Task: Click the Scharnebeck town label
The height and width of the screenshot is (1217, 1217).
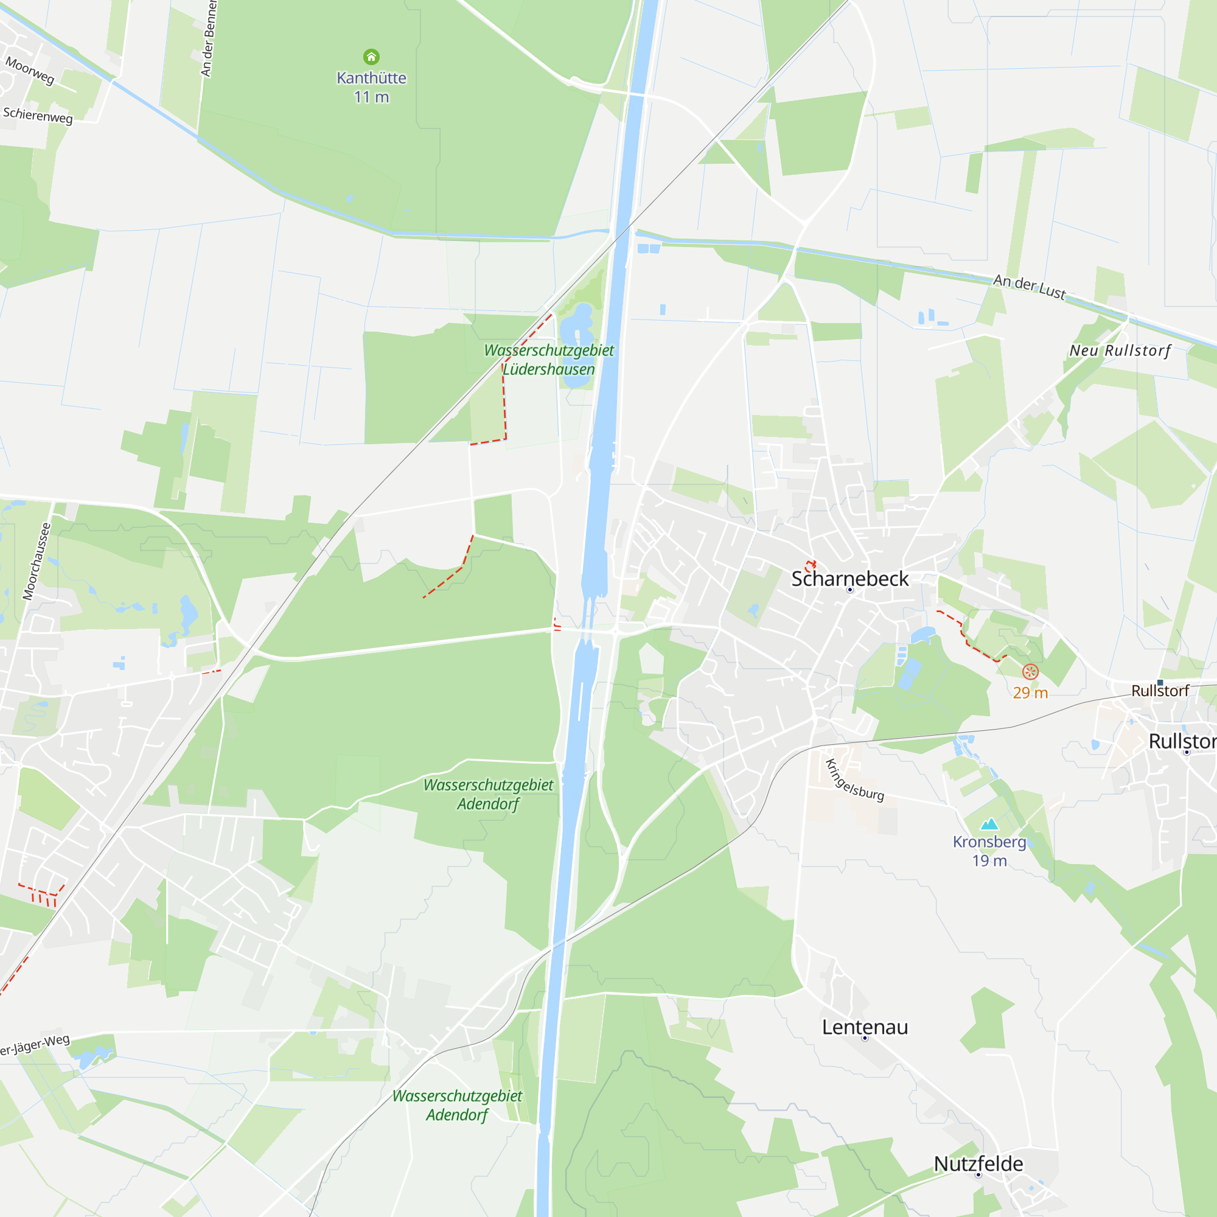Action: (849, 578)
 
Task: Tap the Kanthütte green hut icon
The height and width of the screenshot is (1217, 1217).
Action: (372, 57)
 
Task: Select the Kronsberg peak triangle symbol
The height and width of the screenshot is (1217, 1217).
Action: (989, 824)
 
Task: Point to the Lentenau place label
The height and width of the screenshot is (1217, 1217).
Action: (865, 1027)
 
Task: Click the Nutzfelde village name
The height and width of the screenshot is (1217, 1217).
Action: (978, 1164)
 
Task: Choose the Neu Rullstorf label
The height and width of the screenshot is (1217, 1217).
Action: (1120, 350)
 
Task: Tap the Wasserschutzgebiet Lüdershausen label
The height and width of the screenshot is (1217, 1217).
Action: (549, 360)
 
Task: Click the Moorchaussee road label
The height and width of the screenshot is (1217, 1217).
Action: (36, 561)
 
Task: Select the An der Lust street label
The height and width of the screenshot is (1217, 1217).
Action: (1030, 287)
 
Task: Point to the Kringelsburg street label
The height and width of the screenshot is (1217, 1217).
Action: (855, 781)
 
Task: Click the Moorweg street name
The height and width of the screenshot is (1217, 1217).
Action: (30, 70)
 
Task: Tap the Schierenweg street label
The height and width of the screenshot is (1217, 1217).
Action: (38, 115)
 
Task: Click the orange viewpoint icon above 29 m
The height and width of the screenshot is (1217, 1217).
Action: (1030, 672)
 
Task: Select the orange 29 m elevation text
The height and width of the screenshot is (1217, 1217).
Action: (1030, 693)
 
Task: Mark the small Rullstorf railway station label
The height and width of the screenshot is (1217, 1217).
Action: (1160, 691)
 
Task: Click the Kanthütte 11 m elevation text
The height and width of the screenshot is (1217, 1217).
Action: (372, 97)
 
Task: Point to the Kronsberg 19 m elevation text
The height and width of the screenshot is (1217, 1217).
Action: (989, 860)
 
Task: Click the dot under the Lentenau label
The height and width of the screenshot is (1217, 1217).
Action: (865, 1038)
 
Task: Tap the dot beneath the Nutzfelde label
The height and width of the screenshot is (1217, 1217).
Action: (978, 1175)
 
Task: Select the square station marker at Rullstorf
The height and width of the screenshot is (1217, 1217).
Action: (1160, 683)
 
